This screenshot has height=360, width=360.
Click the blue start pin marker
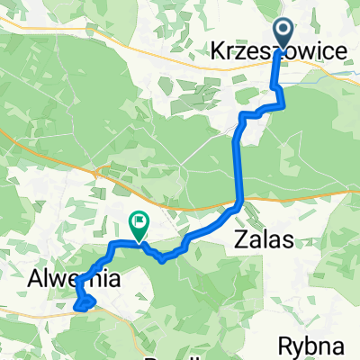point(283,34)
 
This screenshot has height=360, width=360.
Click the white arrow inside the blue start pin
point(283,32)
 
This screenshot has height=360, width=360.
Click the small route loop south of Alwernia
point(84,303)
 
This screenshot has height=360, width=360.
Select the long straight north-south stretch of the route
point(238,166)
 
